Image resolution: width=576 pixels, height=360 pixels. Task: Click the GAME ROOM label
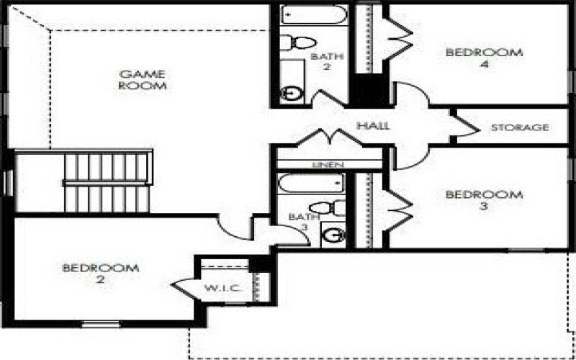pyautogui.click(x=143, y=80)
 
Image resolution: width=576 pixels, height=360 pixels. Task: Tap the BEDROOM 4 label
pyautogui.click(x=484, y=58)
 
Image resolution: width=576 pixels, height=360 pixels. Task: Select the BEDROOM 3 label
pyautogui.click(x=484, y=200)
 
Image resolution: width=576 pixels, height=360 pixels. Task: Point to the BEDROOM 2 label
pyautogui.click(x=101, y=274)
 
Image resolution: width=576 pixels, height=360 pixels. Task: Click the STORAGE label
pyautogui.click(x=520, y=127)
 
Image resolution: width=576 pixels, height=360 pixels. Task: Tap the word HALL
pyautogui.click(x=373, y=125)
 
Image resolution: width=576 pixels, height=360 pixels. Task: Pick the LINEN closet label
pyautogui.click(x=328, y=165)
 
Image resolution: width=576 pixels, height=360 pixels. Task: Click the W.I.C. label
pyautogui.click(x=223, y=288)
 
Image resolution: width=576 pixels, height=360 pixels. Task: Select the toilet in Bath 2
pyautogui.click(x=297, y=42)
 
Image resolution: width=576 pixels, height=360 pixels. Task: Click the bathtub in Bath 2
pyautogui.click(x=314, y=14)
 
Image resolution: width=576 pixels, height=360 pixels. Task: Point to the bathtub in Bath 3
pyautogui.click(x=312, y=184)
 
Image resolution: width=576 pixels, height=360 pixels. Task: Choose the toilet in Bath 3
pyautogui.click(x=328, y=208)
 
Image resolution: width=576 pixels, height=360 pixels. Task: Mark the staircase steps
pyautogui.click(x=107, y=183)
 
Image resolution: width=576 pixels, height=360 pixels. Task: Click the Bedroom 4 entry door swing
pyautogui.click(x=411, y=94)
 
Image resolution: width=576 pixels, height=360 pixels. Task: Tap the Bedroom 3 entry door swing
pyautogui.click(x=411, y=158)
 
